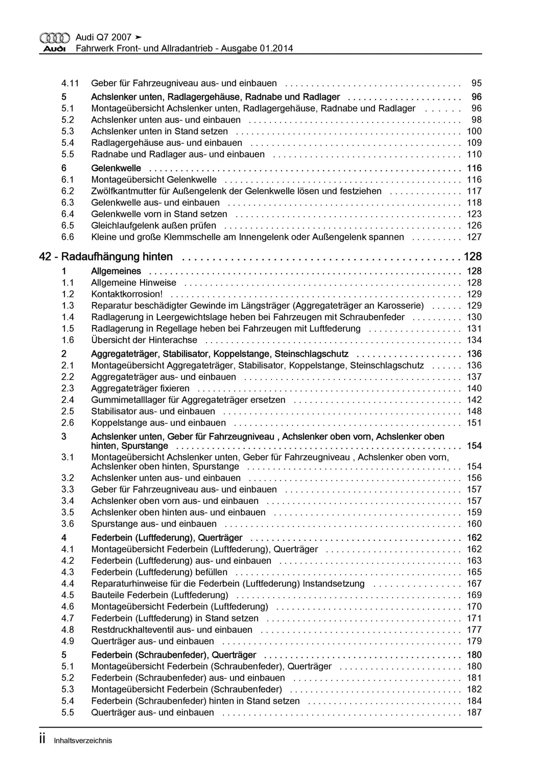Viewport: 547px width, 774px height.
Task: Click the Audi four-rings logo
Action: (54, 38)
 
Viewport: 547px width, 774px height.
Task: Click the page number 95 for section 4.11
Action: (476, 83)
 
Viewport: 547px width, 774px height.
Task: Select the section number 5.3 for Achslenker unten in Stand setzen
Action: (68, 131)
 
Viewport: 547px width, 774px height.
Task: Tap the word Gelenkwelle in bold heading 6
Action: (116, 168)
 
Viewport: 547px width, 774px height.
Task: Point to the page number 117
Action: (474, 191)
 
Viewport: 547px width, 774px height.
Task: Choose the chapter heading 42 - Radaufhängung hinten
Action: (106, 257)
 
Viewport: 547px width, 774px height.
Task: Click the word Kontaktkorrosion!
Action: (127, 294)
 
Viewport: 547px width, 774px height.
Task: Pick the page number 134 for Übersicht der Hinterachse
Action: (474, 340)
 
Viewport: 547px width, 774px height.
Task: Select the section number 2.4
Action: (68, 400)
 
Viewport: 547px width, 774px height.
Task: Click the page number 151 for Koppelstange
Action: (474, 423)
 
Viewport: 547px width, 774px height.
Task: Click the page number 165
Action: (474, 572)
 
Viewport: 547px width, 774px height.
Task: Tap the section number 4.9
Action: (68, 641)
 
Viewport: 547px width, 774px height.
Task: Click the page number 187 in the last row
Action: (474, 713)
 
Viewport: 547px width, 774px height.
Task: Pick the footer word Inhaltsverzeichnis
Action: (83, 741)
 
